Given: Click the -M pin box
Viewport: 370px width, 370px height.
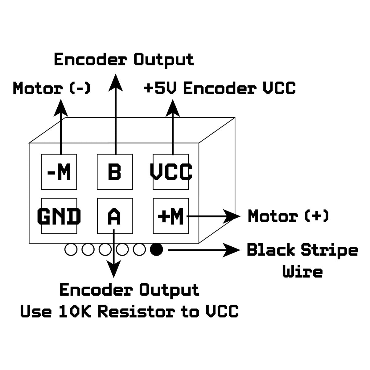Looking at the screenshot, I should (59, 172).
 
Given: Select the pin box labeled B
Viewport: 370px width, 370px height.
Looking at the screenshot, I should (115, 172).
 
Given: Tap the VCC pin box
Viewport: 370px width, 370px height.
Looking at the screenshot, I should (171, 172).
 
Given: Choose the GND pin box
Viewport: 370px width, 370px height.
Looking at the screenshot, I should (59, 216).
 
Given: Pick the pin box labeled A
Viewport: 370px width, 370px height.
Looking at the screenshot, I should (115, 216).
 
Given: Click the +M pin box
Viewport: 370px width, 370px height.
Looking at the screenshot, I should (171, 216).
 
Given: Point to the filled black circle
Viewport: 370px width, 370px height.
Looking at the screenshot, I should (156, 249).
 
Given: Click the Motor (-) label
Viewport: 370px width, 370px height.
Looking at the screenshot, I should (51, 89).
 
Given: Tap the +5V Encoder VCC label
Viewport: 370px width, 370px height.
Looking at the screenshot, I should (220, 89).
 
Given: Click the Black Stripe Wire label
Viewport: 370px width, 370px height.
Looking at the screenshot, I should (302, 261).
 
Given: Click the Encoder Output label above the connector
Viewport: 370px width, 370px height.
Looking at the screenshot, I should (124, 59).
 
